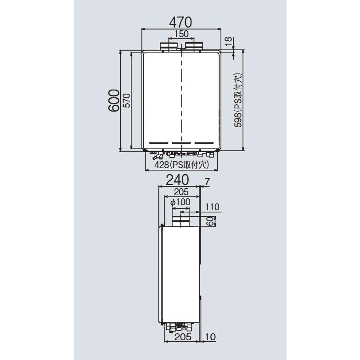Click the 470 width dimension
(x=180, y=22)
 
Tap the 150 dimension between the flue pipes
(x=181, y=34)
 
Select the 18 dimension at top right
(x=228, y=41)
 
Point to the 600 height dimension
(x=114, y=101)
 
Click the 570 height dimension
(x=127, y=100)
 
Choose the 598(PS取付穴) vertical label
(x=238, y=100)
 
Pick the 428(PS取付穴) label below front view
(x=182, y=164)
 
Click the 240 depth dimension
(x=177, y=180)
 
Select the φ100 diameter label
(x=180, y=202)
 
